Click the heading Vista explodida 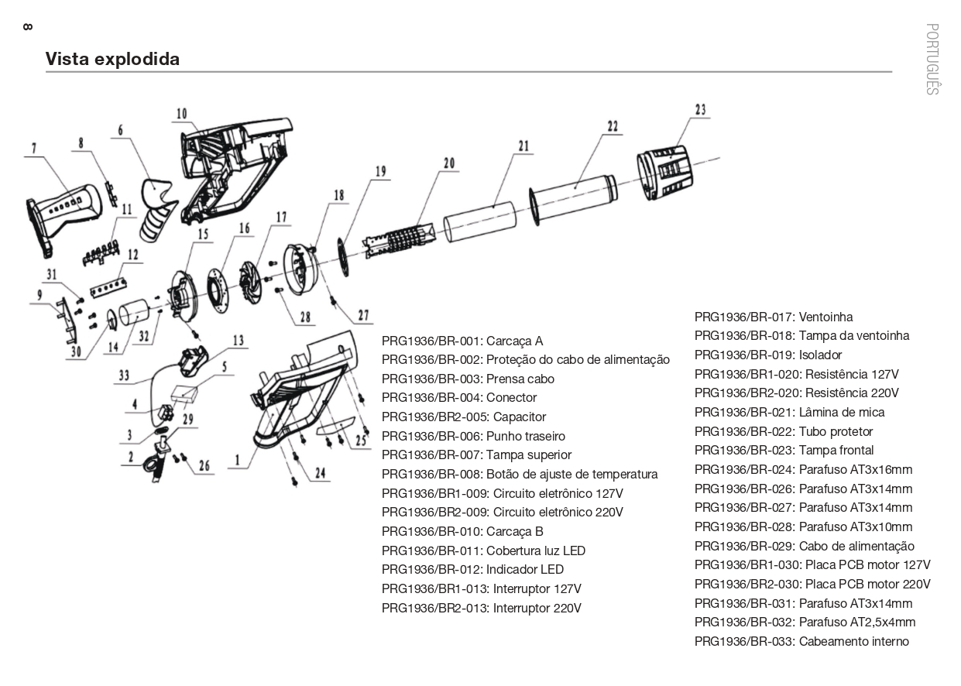(x=112, y=59)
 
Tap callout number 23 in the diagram (x=700, y=110)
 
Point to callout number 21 (x=523, y=146)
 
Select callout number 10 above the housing (x=181, y=114)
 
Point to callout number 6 (x=121, y=131)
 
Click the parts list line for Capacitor (x=463, y=417)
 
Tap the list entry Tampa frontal (x=784, y=451)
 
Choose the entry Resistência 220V (x=796, y=393)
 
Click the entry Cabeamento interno (x=801, y=641)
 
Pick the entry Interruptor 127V (x=481, y=588)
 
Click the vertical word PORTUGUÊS (x=932, y=59)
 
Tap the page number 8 (x=28, y=27)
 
